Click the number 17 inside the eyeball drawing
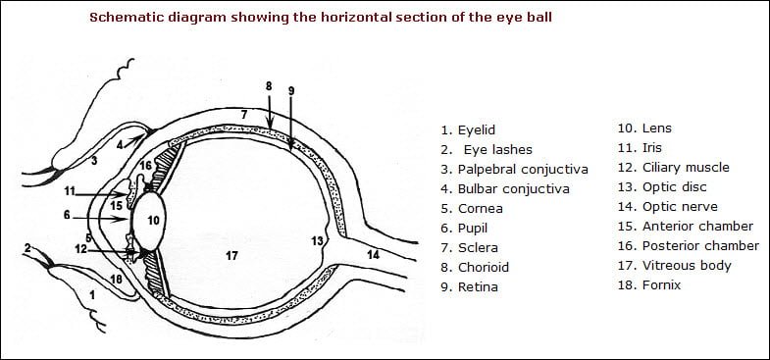click(x=231, y=256)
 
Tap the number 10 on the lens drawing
click(x=153, y=221)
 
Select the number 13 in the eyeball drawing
click(x=317, y=240)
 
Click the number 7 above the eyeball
click(x=244, y=115)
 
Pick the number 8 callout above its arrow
click(x=269, y=86)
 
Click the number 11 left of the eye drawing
click(x=70, y=189)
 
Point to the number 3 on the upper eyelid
click(x=94, y=159)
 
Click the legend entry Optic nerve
click(x=680, y=207)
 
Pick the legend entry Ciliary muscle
click(x=686, y=168)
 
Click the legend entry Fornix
click(x=661, y=285)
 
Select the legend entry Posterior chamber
click(x=700, y=246)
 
